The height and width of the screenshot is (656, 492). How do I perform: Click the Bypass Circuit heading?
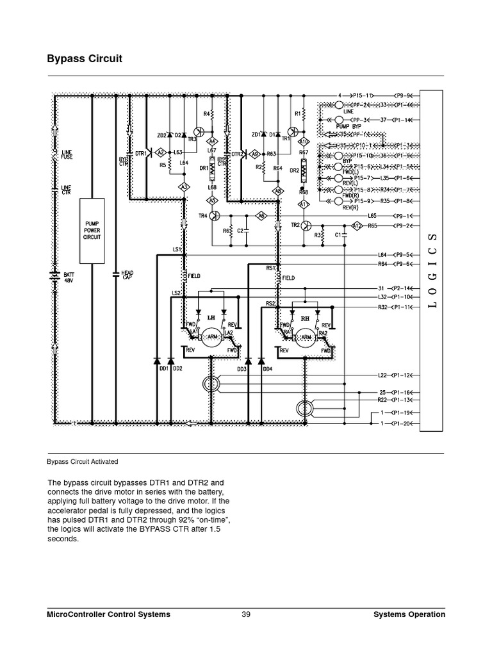click(85, 59)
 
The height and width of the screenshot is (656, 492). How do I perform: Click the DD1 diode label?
click(163, 369)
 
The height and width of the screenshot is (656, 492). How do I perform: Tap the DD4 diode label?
click(267, 369)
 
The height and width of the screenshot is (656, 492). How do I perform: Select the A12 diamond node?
click(358, 225)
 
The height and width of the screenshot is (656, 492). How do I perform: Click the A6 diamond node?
click(261, 217)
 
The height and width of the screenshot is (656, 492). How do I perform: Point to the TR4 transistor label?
click(203, 216)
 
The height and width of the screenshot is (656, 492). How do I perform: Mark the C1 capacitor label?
click(337, 235)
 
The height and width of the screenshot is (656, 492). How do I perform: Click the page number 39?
click(246, 614)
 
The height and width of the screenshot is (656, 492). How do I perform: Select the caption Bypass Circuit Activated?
click(82, 461)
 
